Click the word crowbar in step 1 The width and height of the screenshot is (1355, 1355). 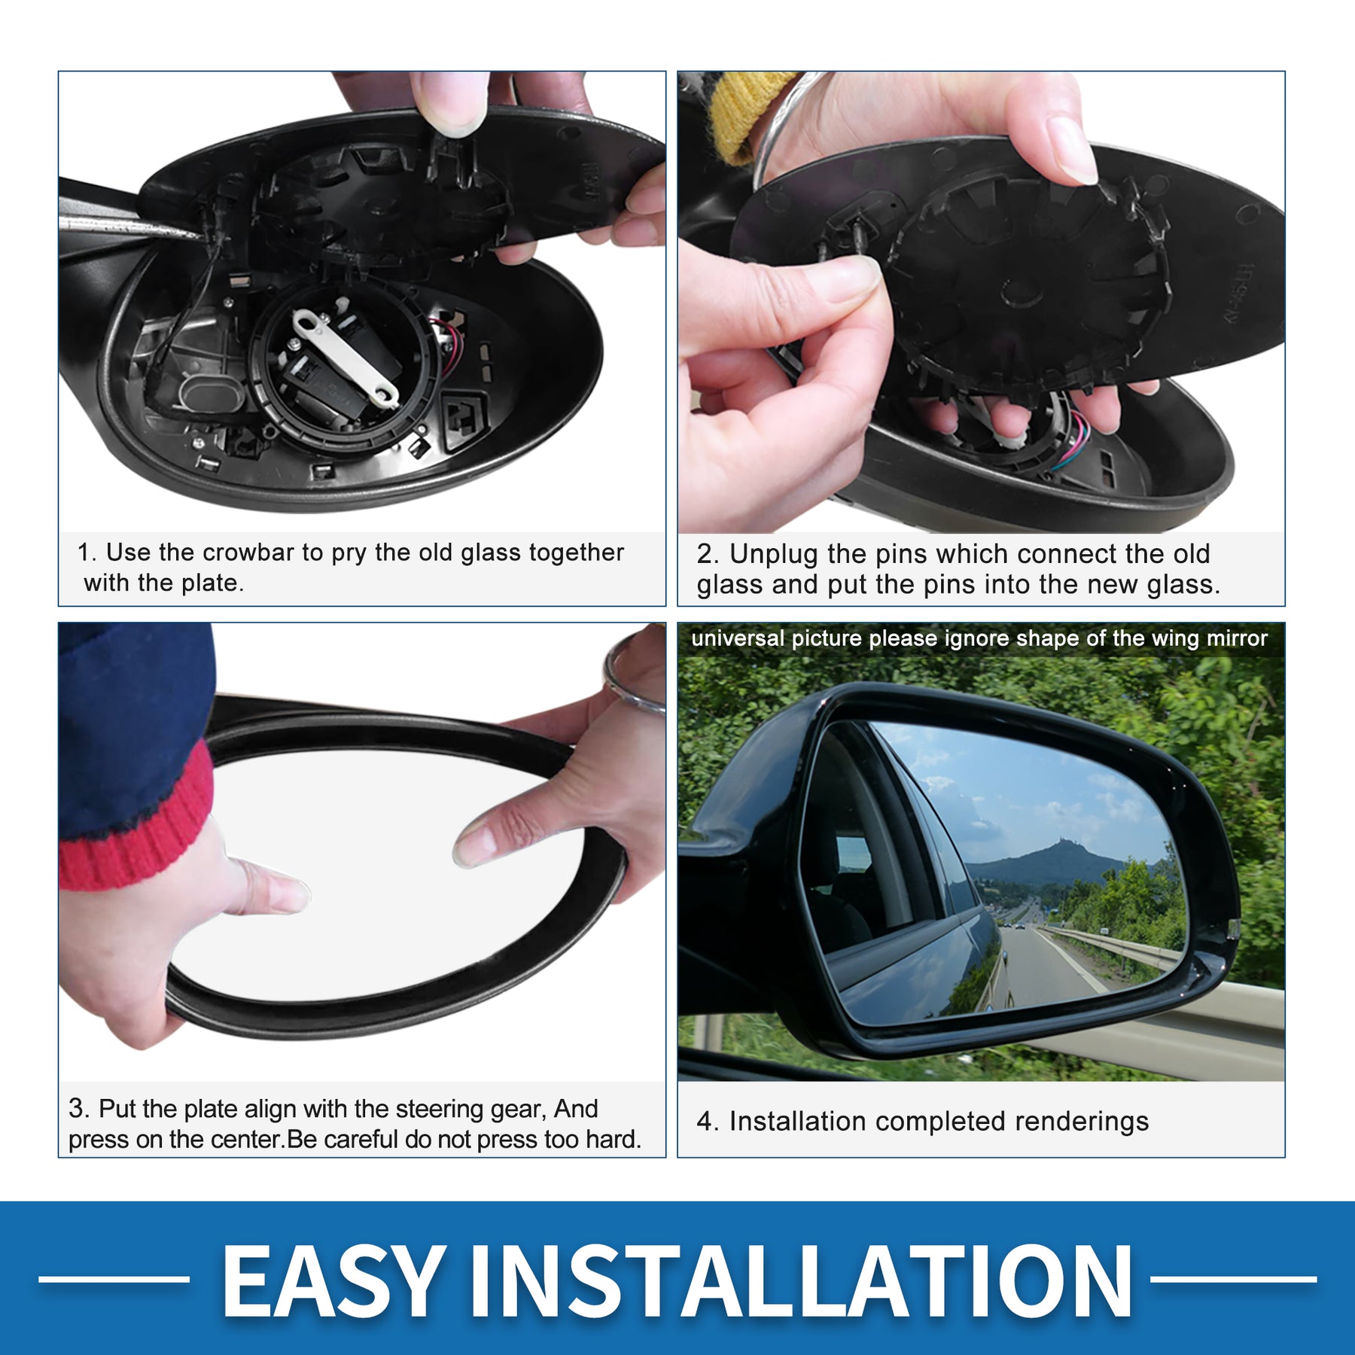click(x=248, y=553)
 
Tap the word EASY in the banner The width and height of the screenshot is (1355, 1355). click(x=332, y=1279)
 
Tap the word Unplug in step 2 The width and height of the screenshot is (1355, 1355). click(x=773, y=555)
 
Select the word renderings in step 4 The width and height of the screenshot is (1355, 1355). click(x=1081, y=1122)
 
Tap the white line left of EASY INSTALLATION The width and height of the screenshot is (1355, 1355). click(x=114, y=1278)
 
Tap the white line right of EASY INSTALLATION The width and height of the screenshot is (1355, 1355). click(x=1234, y=1278)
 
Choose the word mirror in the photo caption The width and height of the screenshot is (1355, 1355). click(x=1238, y=638)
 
